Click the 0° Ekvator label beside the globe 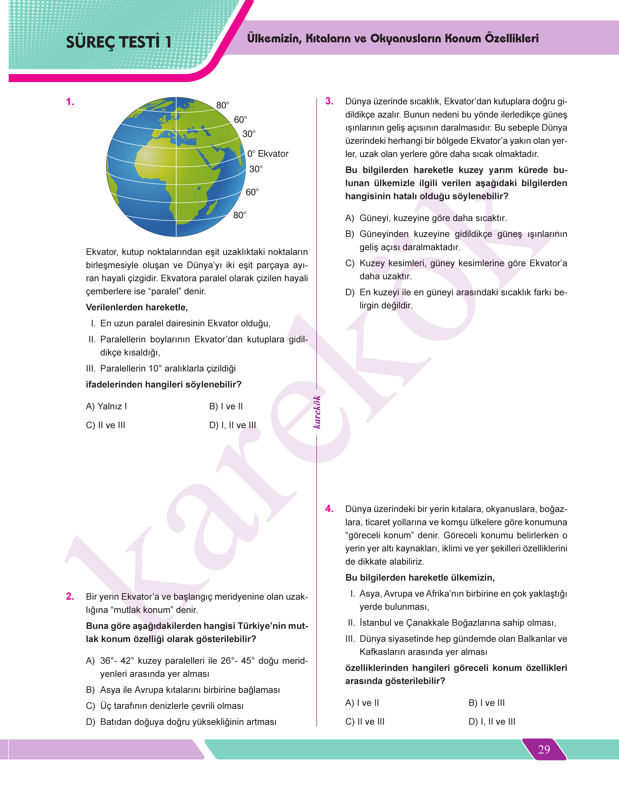[268, 154]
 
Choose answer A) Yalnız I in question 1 [106, 406]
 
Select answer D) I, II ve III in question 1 [232, 425]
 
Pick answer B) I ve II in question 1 [226, 406]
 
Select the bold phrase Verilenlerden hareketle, [137, 307]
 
